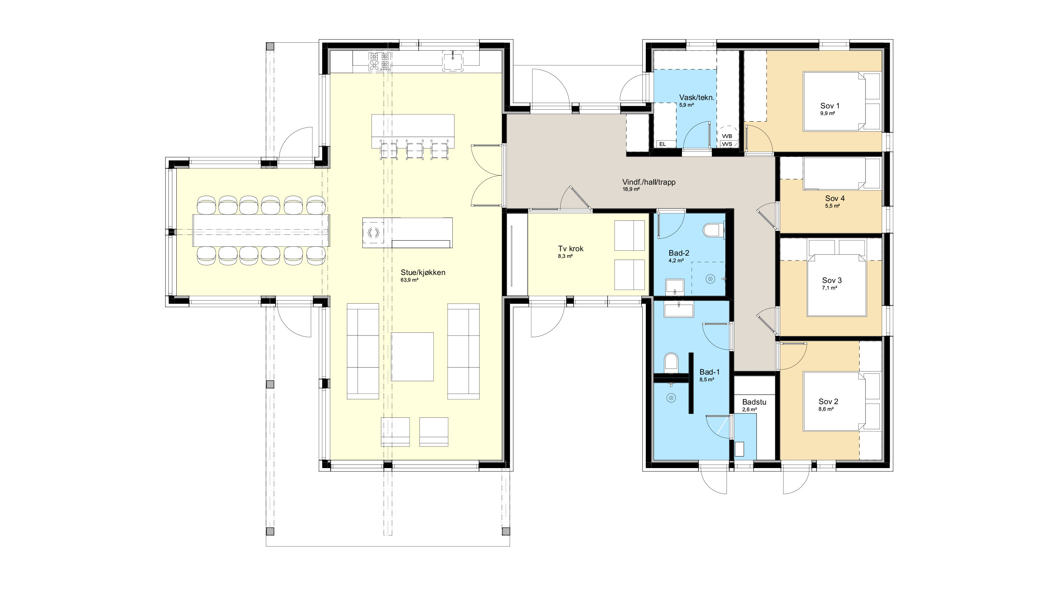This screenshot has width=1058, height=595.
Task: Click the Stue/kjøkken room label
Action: (423, 272)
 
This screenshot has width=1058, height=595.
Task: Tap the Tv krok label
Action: (570, 249)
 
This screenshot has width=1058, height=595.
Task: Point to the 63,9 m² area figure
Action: (409, 280)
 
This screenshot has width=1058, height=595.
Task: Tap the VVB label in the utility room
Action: (727, 136)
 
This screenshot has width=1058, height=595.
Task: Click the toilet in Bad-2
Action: (712, 231)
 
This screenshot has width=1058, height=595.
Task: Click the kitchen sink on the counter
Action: (453, 61)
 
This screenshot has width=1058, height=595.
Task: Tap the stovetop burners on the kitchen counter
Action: (380, 62)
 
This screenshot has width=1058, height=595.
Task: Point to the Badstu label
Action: (754, 402)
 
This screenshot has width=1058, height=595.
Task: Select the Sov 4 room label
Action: (835, 198)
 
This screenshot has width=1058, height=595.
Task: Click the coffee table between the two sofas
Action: (412, 357)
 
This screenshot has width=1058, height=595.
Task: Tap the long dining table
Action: (261, 231)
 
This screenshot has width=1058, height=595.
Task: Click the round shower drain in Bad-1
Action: (671, 398)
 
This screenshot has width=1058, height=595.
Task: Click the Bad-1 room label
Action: (710, 372)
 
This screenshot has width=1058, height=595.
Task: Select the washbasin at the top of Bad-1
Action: (679, 309)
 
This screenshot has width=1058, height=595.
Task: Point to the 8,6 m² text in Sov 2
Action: (826, 409)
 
